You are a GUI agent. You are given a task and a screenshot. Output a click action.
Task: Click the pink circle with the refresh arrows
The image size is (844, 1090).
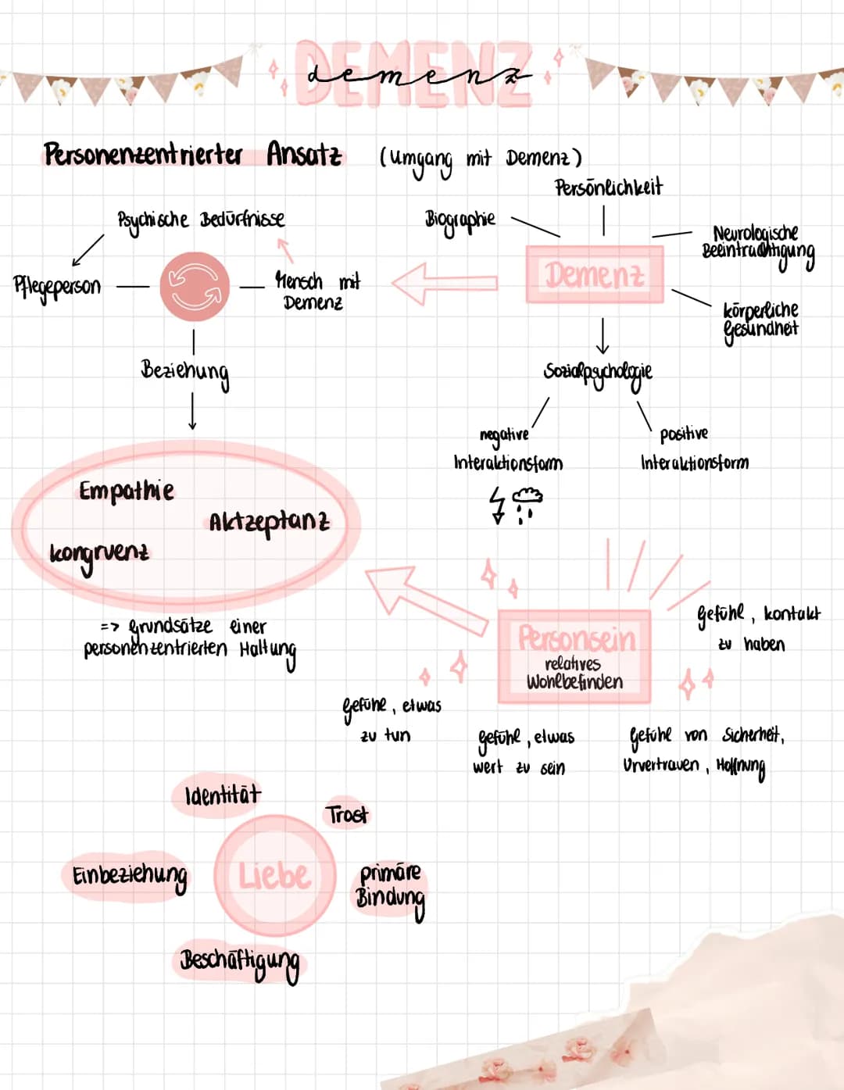(x=195, y=286)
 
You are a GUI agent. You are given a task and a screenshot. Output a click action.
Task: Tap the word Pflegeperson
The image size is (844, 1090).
(x=57, y=286)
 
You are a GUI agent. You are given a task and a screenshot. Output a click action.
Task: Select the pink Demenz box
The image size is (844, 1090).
(x=595, y=274)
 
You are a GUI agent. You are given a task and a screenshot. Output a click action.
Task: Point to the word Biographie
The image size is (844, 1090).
(x=460, y=219)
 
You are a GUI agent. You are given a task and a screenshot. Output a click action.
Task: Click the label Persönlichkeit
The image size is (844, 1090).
(x=608, y=188)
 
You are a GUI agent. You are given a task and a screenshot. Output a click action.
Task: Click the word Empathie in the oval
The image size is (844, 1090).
(x=126, y=491)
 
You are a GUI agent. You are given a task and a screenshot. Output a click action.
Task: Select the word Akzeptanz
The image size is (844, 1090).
(x=269, y=522)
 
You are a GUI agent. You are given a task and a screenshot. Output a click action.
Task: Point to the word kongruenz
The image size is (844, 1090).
(x=98, y=553)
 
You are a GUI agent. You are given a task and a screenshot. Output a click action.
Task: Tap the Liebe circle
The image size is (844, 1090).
(x=274, y=875)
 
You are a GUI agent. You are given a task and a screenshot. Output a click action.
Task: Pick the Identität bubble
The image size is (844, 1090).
(x=222, y=795)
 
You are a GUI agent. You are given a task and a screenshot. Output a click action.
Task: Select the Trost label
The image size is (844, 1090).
(x=346, y=815)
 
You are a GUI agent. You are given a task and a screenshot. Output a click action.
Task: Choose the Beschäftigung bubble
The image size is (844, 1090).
(x=239, y=961)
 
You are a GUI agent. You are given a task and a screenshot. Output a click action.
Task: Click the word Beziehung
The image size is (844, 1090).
(x=185, y=371)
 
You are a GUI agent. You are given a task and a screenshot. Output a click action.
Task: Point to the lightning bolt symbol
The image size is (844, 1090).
(x=497, y=504)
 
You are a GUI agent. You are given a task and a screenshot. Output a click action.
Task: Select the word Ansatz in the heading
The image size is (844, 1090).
(x=304, y=154)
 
